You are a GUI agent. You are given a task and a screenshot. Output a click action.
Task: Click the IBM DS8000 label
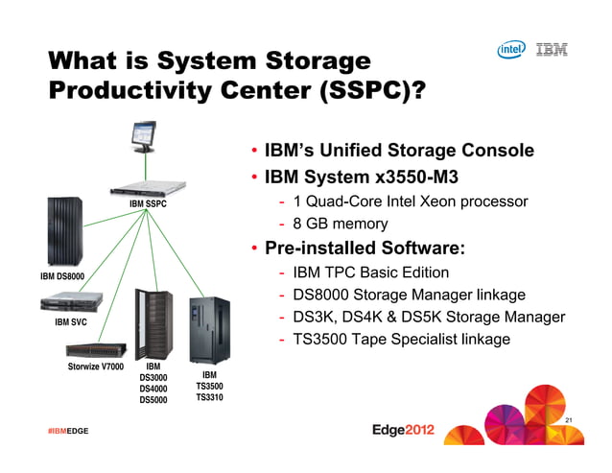pos(62,276)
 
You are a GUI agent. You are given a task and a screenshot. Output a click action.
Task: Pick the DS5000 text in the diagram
pos(153,401)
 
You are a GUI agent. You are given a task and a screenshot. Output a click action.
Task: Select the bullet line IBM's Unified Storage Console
pos(397,151)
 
